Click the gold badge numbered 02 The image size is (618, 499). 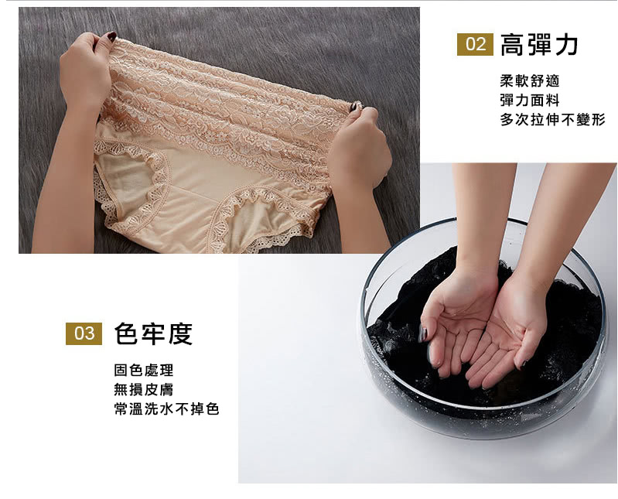[475, 44]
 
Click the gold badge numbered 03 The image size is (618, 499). [84, 333]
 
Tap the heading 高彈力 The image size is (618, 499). [539, 45]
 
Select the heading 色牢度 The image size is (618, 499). [153, 334]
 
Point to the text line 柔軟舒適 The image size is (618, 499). [530, 80]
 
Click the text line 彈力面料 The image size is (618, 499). [530, 100]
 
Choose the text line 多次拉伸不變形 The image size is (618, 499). [552, 119]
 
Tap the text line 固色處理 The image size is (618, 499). [143, 370]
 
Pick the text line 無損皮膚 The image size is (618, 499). [143, 389]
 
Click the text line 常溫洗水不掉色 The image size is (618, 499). [166, 408]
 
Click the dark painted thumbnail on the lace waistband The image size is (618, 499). [111, 36]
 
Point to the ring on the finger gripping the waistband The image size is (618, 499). [357, 107]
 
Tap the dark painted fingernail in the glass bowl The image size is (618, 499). [422, 334]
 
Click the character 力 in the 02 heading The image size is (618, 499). [566, 45]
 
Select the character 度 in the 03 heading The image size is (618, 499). [180, 334]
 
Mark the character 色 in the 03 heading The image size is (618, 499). [126, 334]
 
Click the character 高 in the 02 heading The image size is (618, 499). [512, 45]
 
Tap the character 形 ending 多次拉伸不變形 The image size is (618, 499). [599, 119]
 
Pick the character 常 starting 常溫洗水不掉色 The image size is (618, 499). [121, 408]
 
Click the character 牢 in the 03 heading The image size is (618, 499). [153, 334]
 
